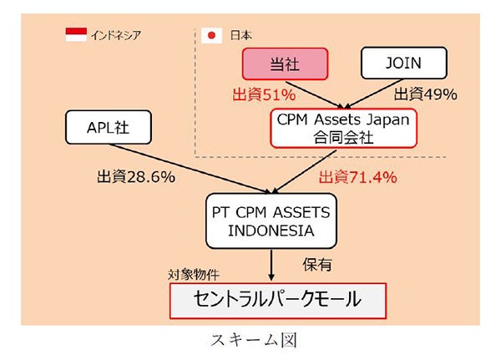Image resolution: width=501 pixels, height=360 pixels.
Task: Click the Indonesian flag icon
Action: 76,34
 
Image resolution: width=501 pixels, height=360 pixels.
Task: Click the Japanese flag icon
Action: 211,35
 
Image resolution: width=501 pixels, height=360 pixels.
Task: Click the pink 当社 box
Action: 283,63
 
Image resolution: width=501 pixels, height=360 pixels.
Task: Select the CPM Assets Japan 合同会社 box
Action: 343,128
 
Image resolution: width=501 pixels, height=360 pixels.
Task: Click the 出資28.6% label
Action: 134,177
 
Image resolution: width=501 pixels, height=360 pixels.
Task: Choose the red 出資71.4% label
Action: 357,177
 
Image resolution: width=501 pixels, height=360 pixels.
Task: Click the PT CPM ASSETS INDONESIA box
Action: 270,221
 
